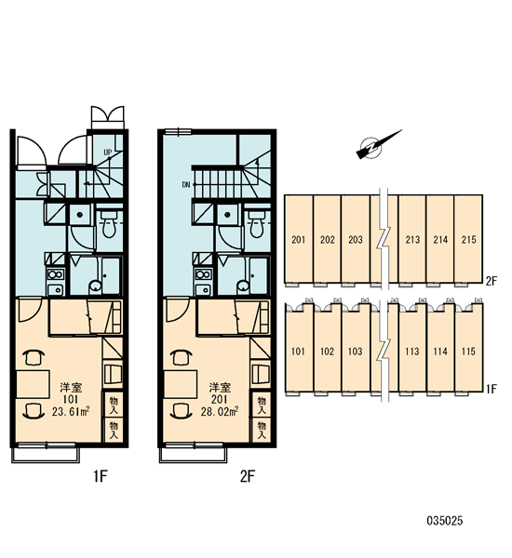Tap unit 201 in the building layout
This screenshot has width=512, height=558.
pyautogui.click(x=299, y=239)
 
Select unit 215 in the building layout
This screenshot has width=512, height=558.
pyautogui.click(x=468, y=239)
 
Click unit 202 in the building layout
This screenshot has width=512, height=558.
pyautogui.click(x=327, y=239)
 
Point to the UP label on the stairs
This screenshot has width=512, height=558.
pyautogui.click(x=108, y=153)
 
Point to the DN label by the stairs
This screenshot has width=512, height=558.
pyautogui.click(x=186, y=184)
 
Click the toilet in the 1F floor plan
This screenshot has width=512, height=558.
pyautogui.click(x=109, y=224)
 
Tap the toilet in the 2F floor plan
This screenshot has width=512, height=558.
pyautogui.click(x=257, y=224)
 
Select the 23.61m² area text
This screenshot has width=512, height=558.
pyautogui.click(x=71, y=411)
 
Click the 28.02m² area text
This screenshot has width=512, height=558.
pyautogui.click(x=220, y=411)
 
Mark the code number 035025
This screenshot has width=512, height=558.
pyautogui.click(x=445, y=521)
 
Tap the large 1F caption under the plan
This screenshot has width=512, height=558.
pyautogui.click(x=101, y=476)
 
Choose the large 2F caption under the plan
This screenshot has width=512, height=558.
pyautogui.click(x=248, y=476)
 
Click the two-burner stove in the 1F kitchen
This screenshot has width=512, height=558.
pyautogui.click(x=55, y=274)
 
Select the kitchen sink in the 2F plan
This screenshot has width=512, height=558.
pyautogui.click(x=203, y=289)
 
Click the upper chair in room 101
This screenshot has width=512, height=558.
pyautogui.click(x=34, y=357)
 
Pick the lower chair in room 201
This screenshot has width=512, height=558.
pyautogui.click(x=182, y=411)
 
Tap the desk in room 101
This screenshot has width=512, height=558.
pyautogui.click(x=33, y=384)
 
